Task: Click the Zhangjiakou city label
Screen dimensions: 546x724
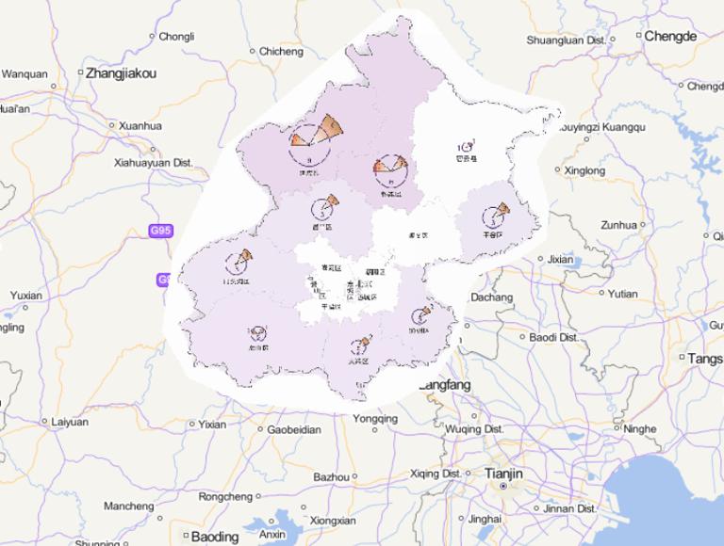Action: (x=121, y=72)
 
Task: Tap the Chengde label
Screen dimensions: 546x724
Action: (x=670, y=36)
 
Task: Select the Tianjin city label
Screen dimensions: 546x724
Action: (x=503, y=473)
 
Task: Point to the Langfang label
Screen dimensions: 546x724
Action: (x=444, y=385)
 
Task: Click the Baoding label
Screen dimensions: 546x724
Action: (x=215, y=537)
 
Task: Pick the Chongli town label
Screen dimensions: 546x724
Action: (x=176, y=37)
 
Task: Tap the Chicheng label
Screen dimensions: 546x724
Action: (x=280, y=51)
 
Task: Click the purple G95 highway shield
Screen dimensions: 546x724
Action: (x=162, y=231)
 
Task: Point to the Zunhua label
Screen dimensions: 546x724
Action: (x=618, y=225)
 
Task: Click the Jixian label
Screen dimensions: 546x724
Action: (x=560, y=259)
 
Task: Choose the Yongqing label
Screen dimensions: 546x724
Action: (x=375, y=419)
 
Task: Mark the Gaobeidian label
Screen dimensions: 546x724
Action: (x=294, y=429)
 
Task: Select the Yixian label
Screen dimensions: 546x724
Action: (x=212, y=425)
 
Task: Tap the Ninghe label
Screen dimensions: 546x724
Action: (x=640, y=429)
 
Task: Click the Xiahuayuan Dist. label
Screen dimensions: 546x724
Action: (x=153, y=163)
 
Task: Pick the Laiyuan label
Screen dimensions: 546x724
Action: (x=70, y=423)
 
